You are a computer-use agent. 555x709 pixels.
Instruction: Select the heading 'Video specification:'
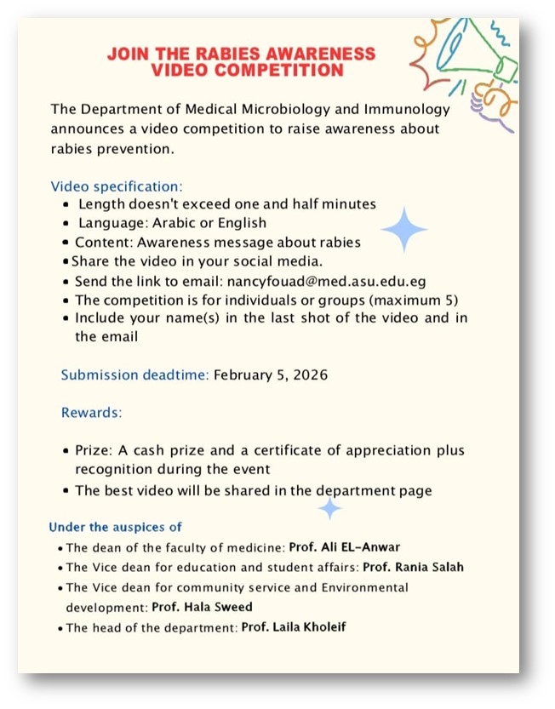tap(117, 186)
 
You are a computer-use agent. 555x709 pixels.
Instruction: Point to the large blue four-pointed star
tap(404, 229)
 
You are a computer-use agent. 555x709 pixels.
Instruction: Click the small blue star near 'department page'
tap(329, 509)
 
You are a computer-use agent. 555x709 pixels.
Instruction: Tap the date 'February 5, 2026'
tap(270, 375)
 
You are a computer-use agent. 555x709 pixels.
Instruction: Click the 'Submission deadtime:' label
tap(134, 375)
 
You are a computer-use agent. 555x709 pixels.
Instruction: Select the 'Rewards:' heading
tap(91, 413)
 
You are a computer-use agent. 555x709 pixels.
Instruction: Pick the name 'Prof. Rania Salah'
tap(413, 567)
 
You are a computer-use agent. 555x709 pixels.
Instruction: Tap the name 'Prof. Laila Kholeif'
tap(295, 627)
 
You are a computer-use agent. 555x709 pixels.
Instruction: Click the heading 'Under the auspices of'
tap(115, 527)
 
